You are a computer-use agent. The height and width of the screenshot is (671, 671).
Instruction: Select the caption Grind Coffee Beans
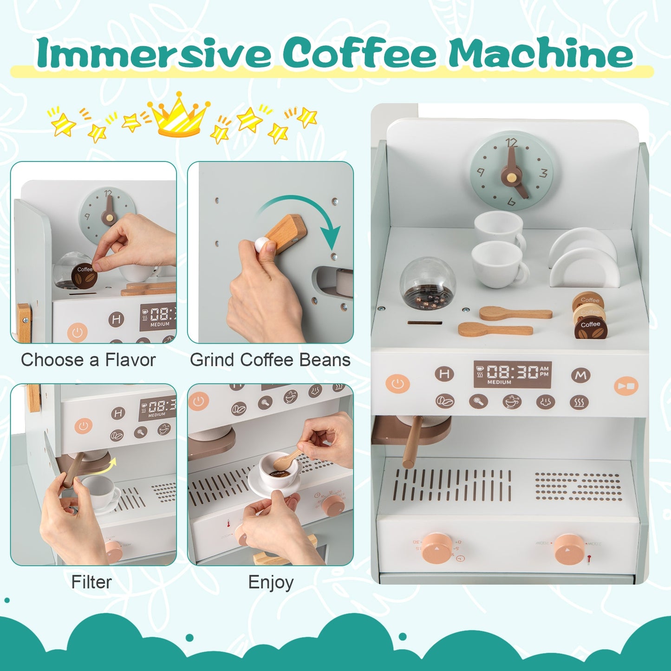coord(270,360)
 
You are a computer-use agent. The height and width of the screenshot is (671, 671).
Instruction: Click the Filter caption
coord(91,582)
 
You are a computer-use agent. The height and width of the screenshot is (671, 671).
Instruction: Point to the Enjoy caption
coord(271,582)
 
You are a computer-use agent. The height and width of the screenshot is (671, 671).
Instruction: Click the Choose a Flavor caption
coord(88,360)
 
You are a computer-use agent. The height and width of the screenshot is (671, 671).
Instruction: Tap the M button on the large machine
coord(580,375)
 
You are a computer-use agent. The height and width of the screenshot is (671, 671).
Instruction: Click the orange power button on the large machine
coord(397,384)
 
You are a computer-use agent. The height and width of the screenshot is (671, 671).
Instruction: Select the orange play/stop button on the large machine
coord(626,386)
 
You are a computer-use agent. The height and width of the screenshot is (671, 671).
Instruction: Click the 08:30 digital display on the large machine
coord(512,374)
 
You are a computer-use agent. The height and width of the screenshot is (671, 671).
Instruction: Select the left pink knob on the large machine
coord(437,548)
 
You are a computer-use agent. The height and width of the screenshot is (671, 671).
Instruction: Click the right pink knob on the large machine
coord(568,549)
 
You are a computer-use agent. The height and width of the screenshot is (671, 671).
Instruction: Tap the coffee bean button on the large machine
coord(445,401)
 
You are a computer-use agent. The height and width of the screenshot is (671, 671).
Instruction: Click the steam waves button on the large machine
coord(579,402)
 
